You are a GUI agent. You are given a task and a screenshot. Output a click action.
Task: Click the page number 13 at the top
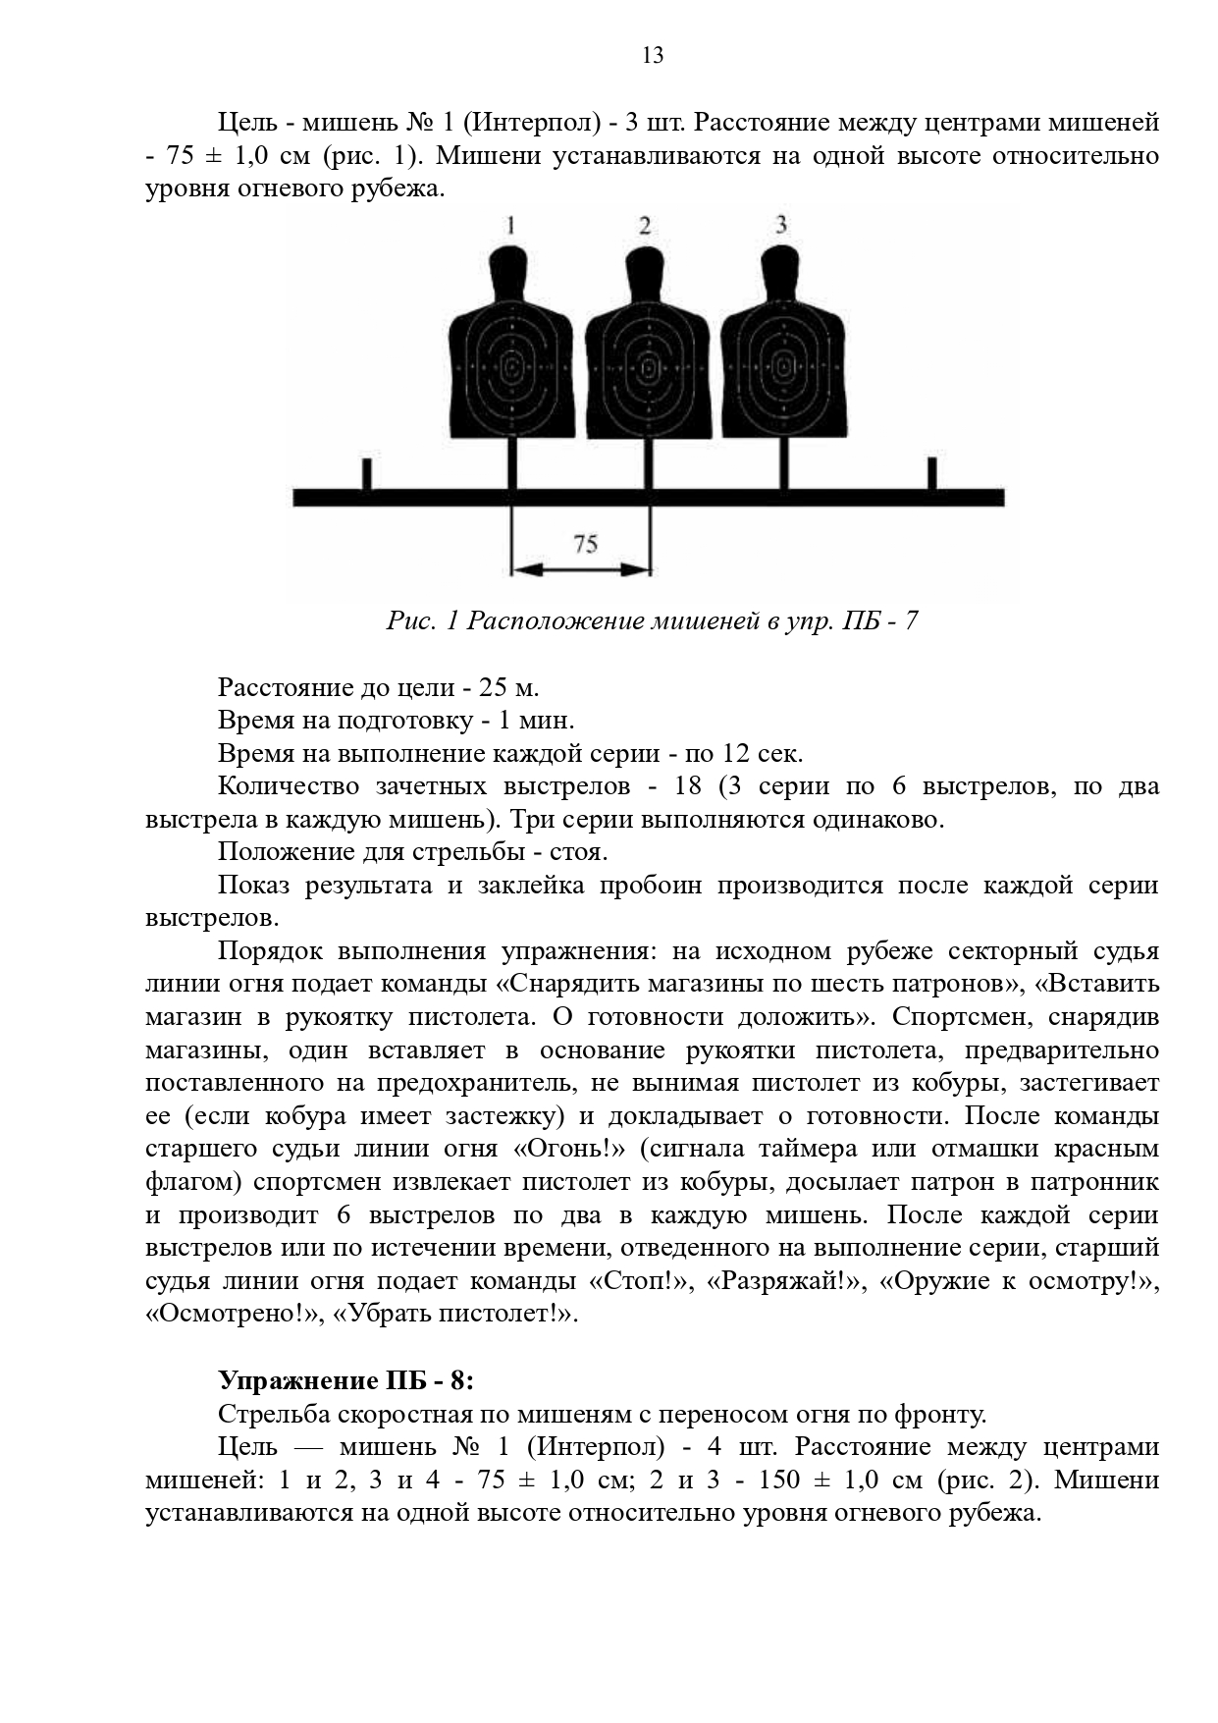click(653, 55)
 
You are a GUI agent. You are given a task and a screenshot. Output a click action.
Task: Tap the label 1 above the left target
click(510, 226)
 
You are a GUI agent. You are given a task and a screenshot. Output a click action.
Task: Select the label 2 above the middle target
click(645, 226)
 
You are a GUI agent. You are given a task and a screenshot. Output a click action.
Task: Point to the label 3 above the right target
click(781, 225)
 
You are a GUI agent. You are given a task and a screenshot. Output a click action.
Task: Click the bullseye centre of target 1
click(511, 368)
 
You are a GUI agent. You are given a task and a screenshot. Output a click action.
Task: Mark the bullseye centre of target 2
click(648, 368)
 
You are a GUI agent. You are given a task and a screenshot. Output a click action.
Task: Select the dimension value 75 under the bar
click(585, 543)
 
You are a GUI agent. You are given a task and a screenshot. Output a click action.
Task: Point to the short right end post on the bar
click(931, 474)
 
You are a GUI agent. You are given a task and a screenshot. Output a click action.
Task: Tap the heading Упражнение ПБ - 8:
click(345, 1380)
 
